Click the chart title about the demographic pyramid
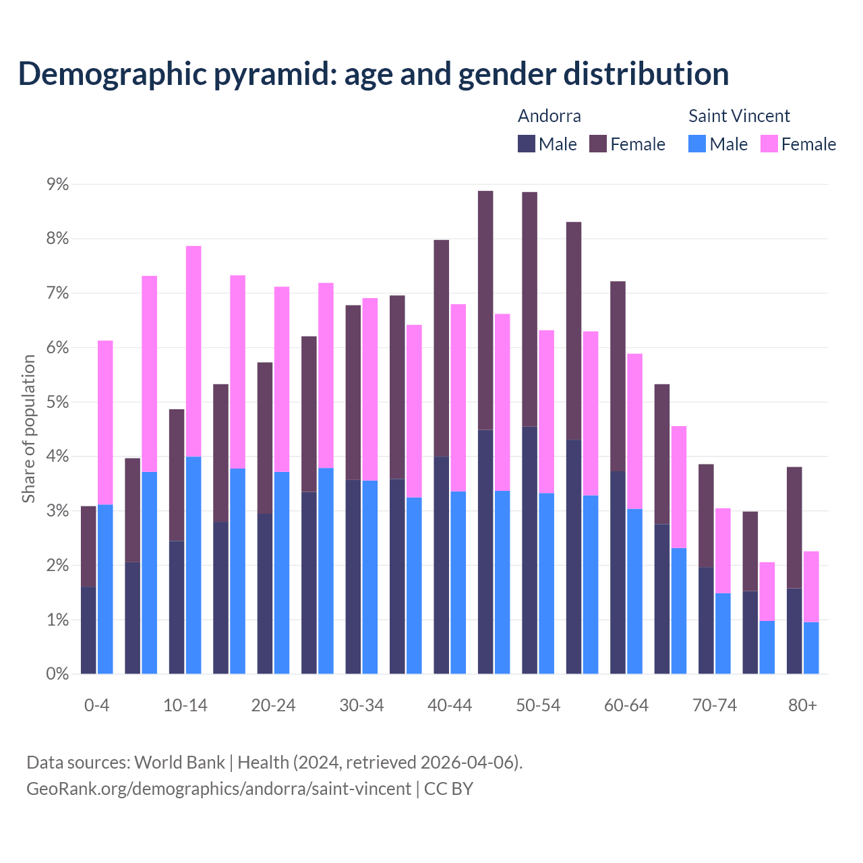pyautogui.click(x=374, y=74)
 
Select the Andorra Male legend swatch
pyautogui.click(x=527, y=144)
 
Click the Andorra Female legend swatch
pyautogui.click(x=598, y=144)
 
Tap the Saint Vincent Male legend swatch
pyautogui.click(x=697, y=144)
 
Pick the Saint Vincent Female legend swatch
pyautogui.click(x=769, y=144)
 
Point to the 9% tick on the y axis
pyautogui.click(x=57, y=185)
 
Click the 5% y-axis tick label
pyautogui.click(x=57, y=403)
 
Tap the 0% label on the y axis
pyautogui.click(x=57, y=674)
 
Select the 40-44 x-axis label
pyautogui.click(x=450, y=706)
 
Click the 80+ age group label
pyautogui.click(x=802, y=706)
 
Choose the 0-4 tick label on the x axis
pyautogui.click(x=96, y=706)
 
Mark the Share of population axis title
pyautogui.click(x=28, y=429)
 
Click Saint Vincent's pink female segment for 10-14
pyautogui.click(x=194, y=351)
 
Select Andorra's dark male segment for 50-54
pyautogui.click(x=530, y=549)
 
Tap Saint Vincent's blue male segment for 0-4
pyautogui.click(x=105, y=589)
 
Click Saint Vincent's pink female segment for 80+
pyautogui.click(x=811, y=587)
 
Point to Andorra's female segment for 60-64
pyautogui.click(x=618, y=376)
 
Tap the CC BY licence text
pyautogui.click(x=448, y=789)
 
